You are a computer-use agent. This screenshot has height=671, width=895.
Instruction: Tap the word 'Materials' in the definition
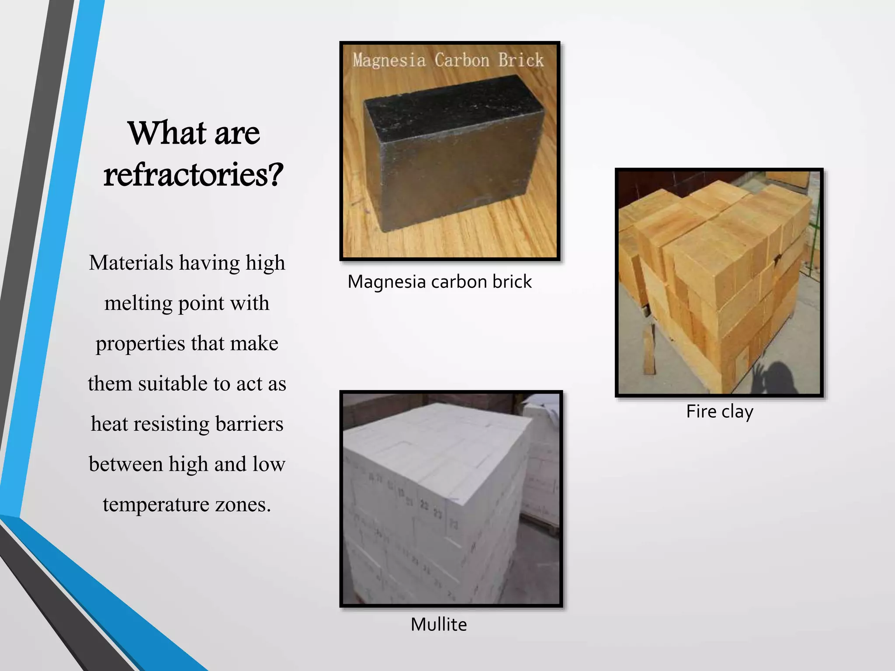[131, 263]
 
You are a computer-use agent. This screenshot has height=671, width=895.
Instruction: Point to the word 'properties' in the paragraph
[140, 343]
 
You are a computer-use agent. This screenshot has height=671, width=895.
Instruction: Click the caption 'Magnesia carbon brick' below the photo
[440, 282]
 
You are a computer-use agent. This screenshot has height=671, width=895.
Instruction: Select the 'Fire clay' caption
[719, 412]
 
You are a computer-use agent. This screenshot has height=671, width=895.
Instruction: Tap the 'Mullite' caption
[439, 624]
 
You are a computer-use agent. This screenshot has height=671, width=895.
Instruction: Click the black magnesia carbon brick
[450, 153]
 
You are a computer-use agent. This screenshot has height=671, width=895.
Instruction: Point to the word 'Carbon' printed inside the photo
[462, 60]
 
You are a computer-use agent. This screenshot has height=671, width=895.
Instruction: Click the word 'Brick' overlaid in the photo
[521, 60]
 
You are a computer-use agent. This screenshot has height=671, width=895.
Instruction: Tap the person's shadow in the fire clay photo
[782, 376]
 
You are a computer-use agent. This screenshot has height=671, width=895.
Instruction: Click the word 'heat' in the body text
[109, 424]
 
